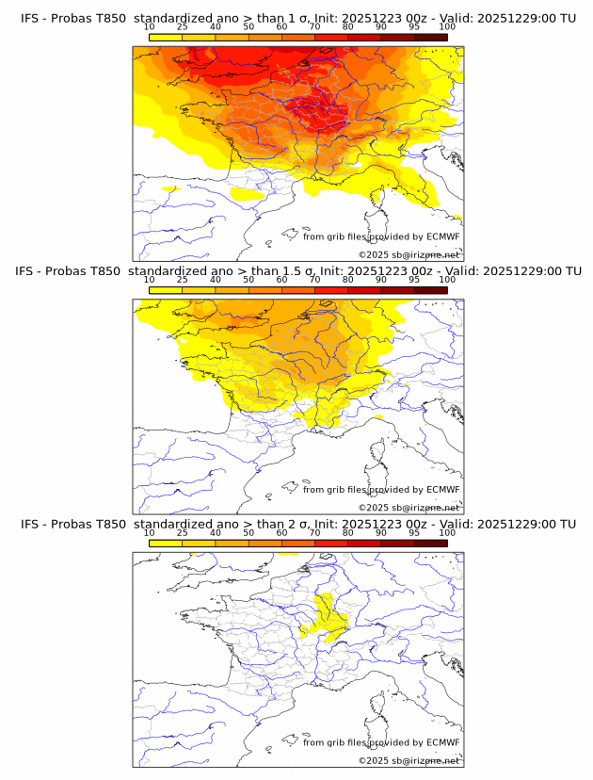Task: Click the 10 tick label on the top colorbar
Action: click(150, 26)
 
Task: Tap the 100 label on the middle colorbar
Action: click(447, 279)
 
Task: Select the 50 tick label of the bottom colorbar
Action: click(248, 532)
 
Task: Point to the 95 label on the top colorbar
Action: click(414, 26)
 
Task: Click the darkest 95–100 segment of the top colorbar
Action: click(430, 37)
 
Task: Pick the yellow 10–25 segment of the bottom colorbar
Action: click(166, 543)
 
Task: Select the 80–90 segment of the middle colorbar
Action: click(364, 290)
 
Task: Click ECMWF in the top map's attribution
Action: click(442, 236)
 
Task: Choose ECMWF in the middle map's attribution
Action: click(442, 489)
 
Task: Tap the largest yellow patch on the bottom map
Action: click(329, 612)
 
